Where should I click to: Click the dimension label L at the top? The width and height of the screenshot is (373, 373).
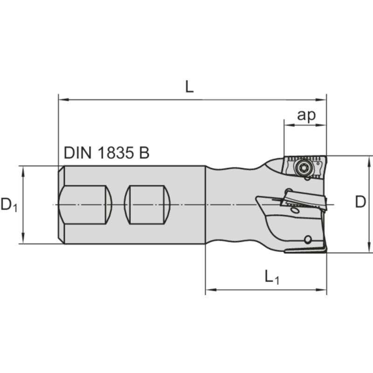tap(189, 87)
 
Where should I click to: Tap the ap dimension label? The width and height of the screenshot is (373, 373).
tap(306, 115)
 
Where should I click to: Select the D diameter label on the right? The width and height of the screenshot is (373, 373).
tap(360, 202)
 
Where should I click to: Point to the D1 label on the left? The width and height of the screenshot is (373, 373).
tap(9, 204)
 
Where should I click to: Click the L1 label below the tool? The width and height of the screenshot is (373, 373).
tap(272, 278)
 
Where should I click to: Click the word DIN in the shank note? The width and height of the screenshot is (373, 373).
tap(78, 152)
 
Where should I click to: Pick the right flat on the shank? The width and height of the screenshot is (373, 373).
tap(147, 205)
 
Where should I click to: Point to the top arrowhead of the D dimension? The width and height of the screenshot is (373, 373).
tap(370, 160)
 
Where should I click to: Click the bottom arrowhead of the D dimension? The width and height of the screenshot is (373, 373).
tap(370, 249)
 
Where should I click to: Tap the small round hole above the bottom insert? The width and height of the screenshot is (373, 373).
tap(307, 240)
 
